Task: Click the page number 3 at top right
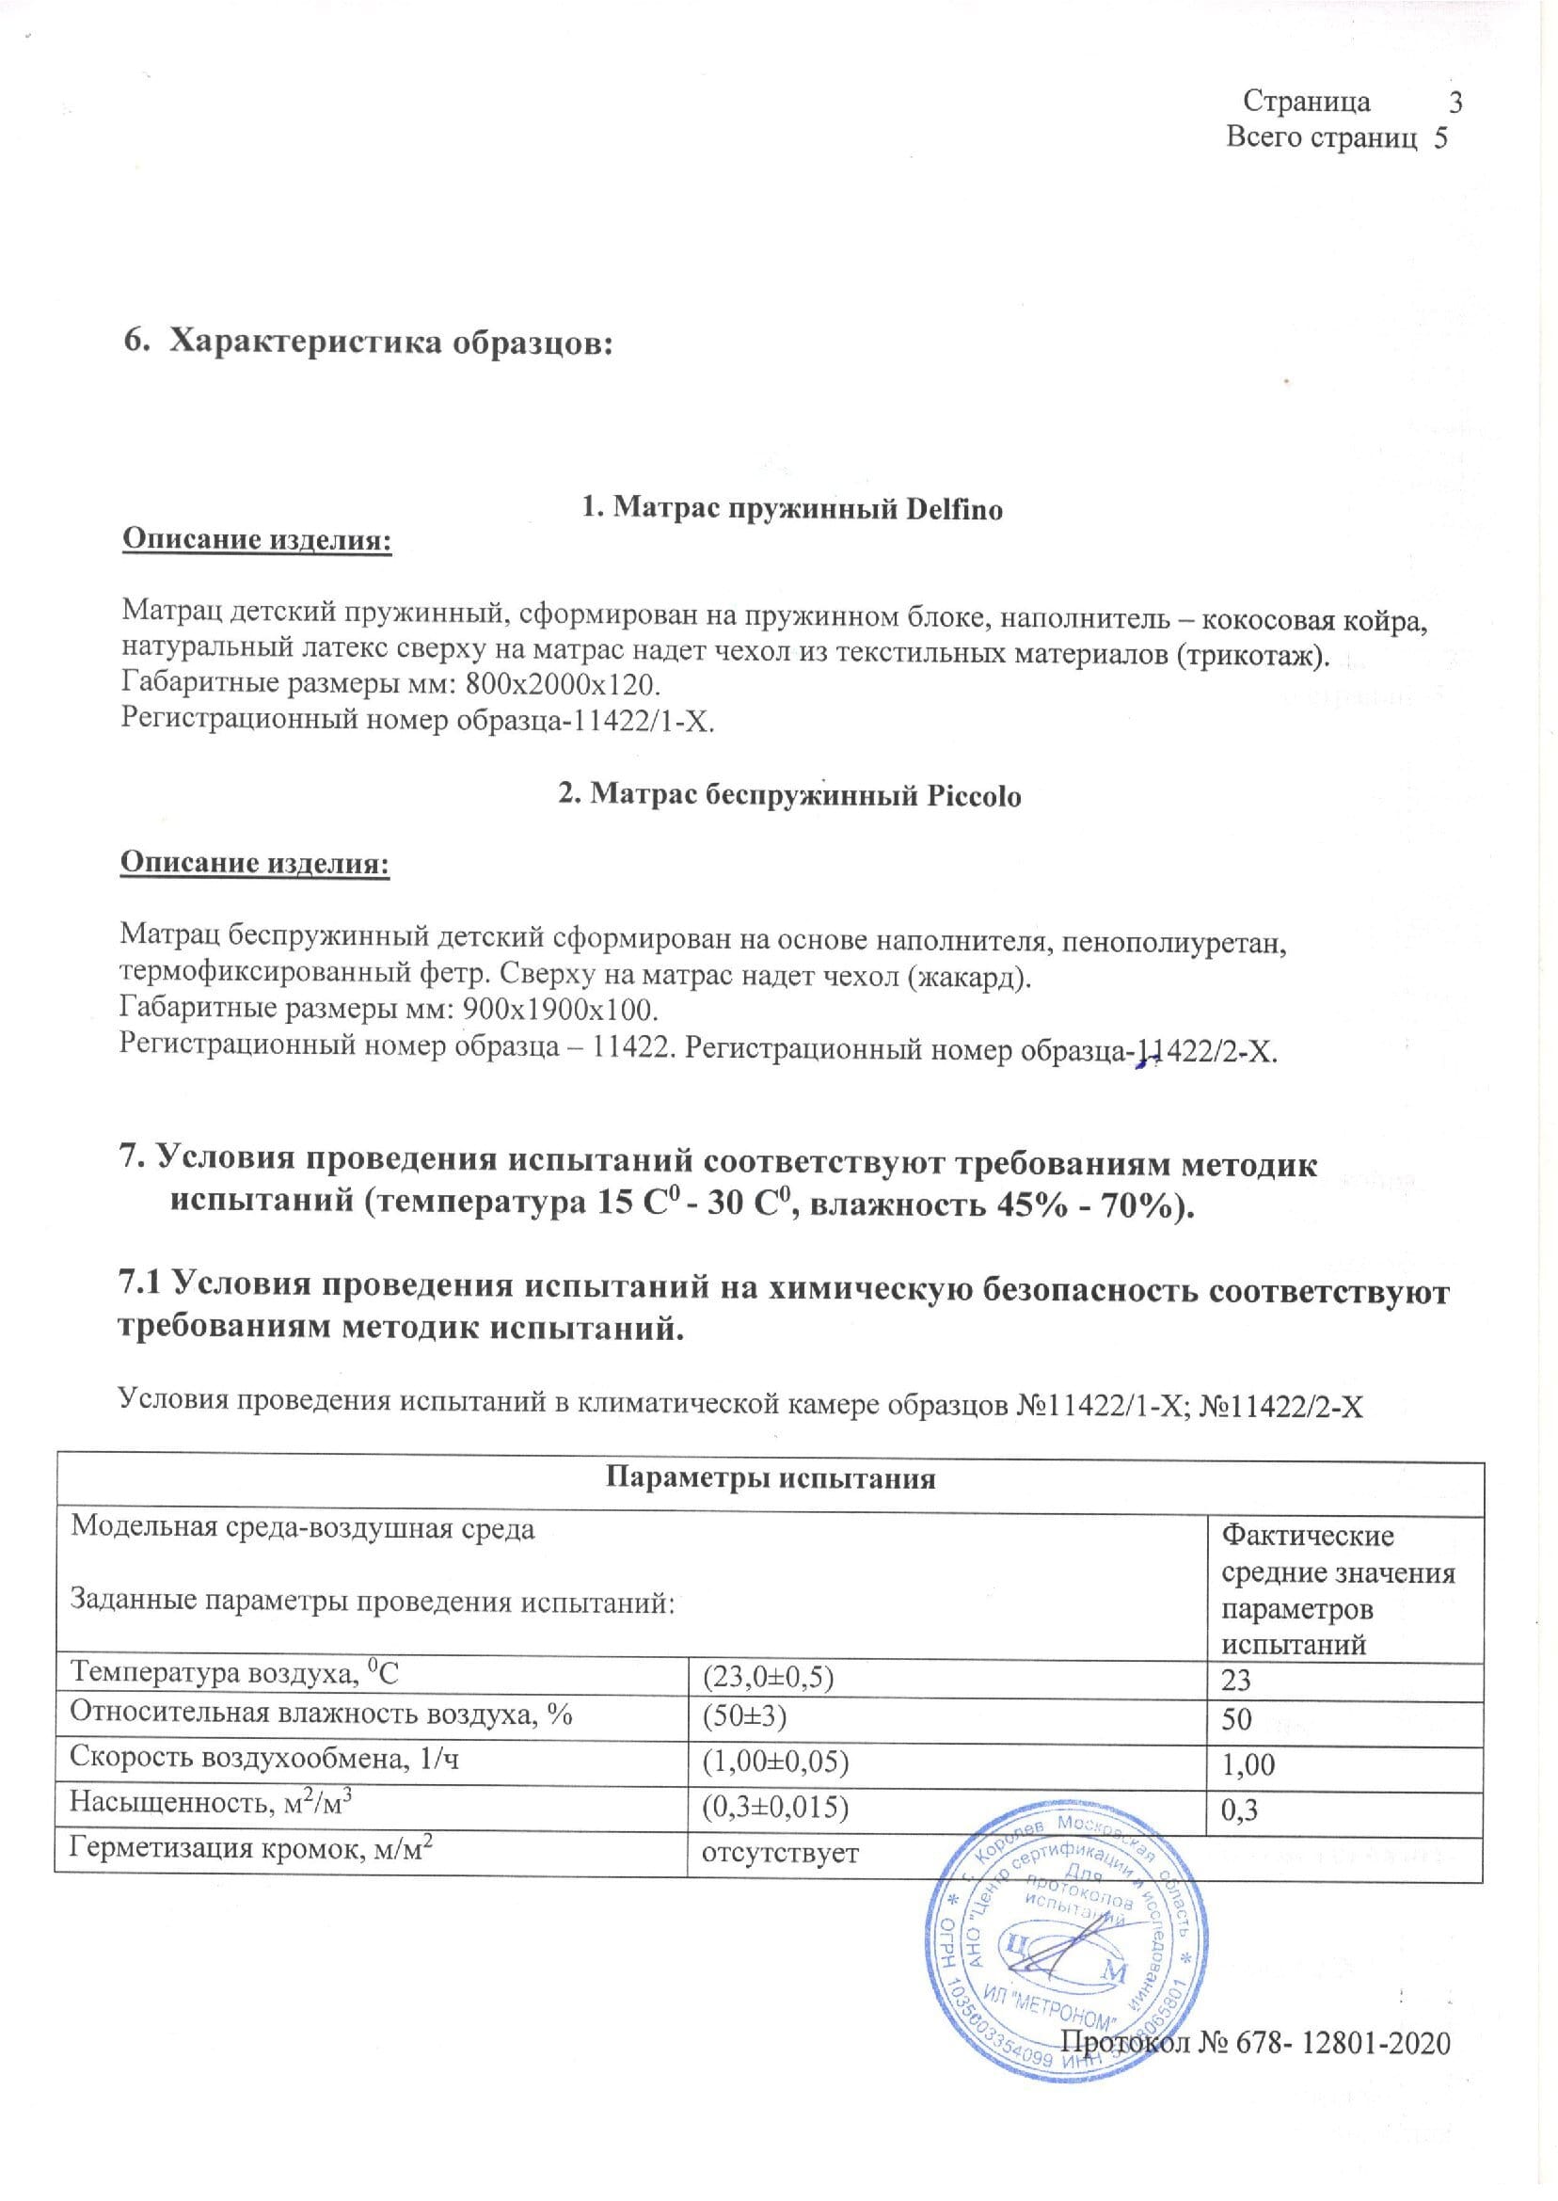1455,101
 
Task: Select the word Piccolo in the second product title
974,795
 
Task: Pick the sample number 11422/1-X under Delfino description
633,721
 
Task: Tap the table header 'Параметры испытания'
770,1478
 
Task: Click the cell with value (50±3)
745,1717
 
